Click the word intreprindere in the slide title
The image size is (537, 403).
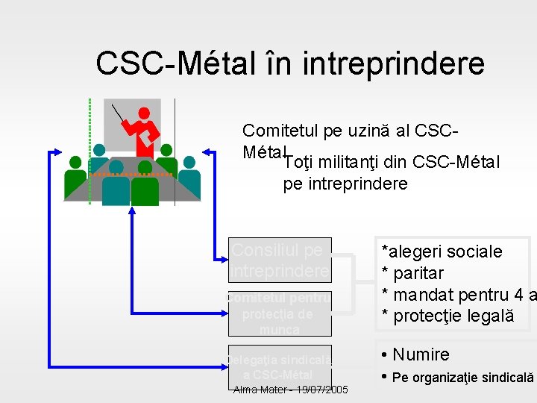point(394,64)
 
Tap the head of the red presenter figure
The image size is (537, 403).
point(144,113)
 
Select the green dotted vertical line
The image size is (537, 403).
point(89,149)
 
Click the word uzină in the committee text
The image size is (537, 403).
point(364,132)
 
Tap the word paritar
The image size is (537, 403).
point(418,273)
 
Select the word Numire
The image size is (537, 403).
point(421,354)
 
